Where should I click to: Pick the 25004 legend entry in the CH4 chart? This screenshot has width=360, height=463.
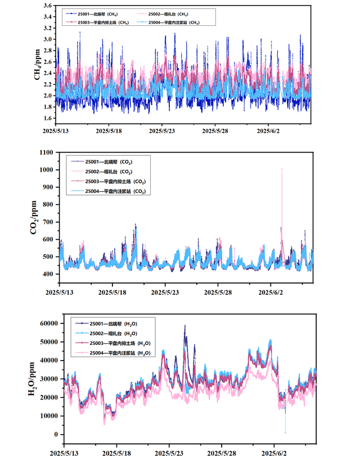[175, 23]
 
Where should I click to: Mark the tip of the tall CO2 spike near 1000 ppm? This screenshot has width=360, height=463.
[282, 169]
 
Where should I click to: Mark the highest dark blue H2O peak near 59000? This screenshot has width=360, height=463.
[184, 325]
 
